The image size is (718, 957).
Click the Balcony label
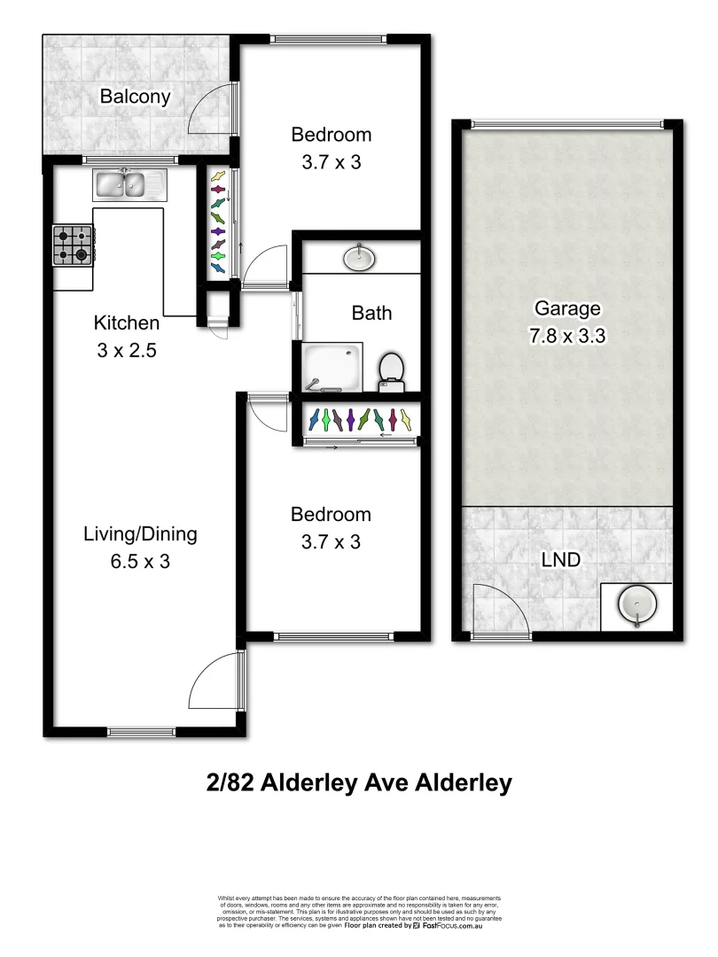click(x=135, y=97)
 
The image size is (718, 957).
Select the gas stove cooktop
click(x=73, y=245)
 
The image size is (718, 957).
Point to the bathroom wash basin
click(x=359, y=257)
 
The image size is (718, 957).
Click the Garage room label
click(x=567, y=309)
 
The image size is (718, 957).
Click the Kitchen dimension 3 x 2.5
click(x=127, y=350)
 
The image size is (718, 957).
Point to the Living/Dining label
click(x=140, y=534)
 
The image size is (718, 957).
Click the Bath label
click(x=371, y=313)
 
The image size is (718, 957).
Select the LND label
click(x=561, y=561)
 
